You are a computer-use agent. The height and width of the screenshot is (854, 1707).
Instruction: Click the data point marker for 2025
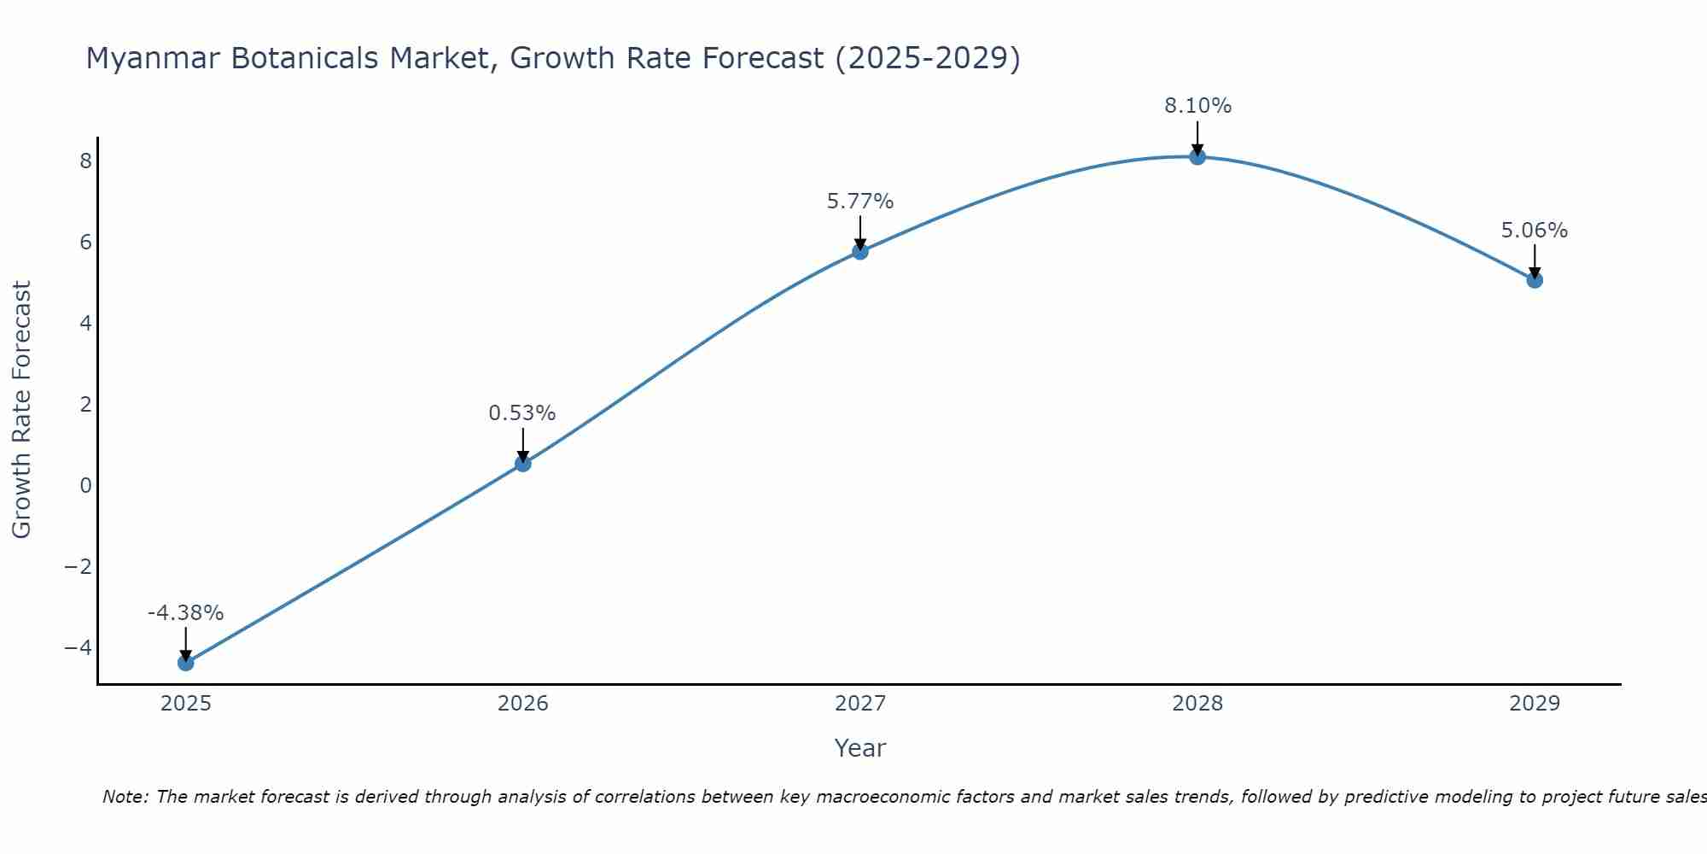(186, 663)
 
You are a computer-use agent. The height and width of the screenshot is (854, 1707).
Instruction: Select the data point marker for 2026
(523, 464)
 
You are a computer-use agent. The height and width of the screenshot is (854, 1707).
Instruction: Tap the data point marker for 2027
(860, 251)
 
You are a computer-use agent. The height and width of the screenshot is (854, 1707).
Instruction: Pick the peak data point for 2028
(1197, 156)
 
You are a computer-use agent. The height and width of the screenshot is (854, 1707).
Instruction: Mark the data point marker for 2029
(1535, 280)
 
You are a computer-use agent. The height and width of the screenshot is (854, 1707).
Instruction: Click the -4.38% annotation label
(185, 613)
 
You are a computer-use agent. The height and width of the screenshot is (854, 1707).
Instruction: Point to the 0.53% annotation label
(522, 413)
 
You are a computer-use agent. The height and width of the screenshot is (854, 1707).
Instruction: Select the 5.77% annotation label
(860, 202)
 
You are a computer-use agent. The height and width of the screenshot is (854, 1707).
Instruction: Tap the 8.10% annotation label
(1197, 106)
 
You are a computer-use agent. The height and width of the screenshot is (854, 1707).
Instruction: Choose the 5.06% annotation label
(1535, 231)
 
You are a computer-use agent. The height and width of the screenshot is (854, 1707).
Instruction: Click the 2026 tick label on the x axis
(523, 704)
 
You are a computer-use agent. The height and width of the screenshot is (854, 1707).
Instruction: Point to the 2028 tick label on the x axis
(1197, 704)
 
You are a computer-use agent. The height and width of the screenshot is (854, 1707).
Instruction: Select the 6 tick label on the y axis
(85, 243)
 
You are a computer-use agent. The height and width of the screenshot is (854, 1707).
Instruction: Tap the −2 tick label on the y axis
(79, 567)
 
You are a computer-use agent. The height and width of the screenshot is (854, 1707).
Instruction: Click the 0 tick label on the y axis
(85, 486)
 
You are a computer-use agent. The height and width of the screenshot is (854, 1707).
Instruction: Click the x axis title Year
(860, 748)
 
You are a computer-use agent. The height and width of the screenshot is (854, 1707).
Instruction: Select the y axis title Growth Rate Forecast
(21, 410)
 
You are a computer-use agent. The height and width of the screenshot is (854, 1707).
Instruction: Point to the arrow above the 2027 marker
(860, 232)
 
